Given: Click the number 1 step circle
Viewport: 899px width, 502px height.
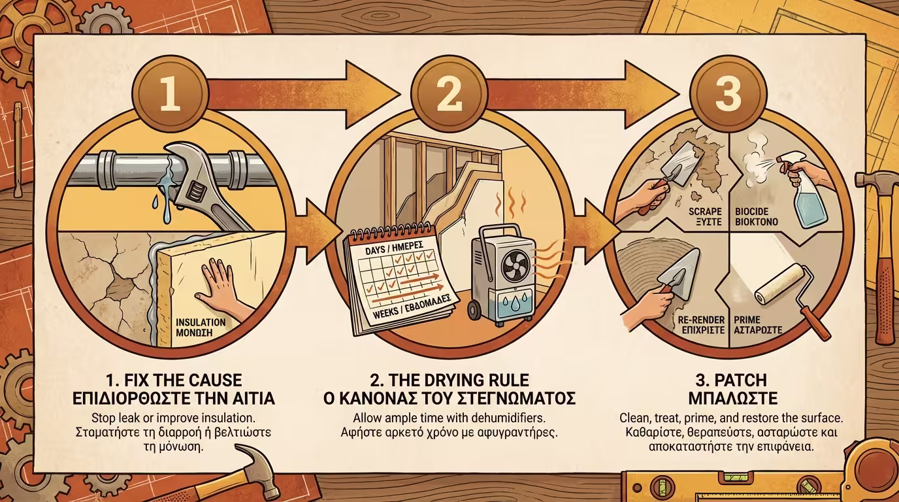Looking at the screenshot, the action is [170, 93].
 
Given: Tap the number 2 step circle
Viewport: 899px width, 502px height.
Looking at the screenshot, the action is [449, 93].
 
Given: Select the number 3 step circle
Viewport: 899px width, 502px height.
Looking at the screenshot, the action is [728, 93].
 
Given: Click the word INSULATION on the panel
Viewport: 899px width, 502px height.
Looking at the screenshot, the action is [201, 322].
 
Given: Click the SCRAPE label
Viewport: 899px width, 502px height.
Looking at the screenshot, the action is [705, 212].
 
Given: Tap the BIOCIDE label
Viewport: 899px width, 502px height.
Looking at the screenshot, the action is [752, 212].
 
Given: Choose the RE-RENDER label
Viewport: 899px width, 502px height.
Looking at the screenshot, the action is [701, 320].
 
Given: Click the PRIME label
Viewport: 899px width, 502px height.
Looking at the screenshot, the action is [747, 320].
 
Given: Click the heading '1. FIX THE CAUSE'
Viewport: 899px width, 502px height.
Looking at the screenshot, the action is [174, 380].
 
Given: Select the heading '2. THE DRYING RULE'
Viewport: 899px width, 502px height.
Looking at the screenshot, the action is [449, 380].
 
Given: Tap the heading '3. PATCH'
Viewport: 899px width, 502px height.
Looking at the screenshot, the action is [733, 380].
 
